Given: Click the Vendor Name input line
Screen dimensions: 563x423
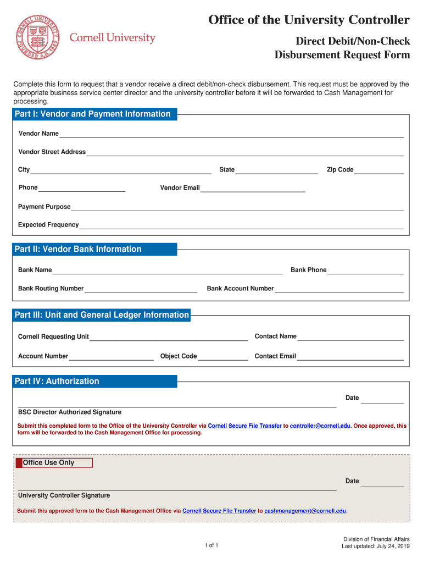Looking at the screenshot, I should click(231, 134).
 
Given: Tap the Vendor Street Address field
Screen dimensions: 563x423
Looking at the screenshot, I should click(245, 152).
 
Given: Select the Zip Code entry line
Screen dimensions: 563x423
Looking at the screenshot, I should click(379, 170).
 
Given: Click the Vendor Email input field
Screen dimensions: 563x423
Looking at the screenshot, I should click(253, 188).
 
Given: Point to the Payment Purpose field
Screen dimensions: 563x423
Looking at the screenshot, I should click(237, 207).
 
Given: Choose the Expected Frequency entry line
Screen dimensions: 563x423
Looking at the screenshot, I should click(242, 225).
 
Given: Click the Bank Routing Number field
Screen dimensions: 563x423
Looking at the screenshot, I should click(141, 289).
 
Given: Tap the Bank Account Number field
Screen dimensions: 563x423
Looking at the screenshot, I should click(339, 289).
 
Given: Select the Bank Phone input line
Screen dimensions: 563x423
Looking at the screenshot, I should click(365, 270).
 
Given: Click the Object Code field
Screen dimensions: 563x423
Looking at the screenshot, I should click(223, 356).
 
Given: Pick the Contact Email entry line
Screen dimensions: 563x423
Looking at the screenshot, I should click(350, 356).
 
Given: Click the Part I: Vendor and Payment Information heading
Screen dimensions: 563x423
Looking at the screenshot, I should click(93, 114).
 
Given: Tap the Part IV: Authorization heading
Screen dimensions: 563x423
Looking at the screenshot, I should click(57, 381).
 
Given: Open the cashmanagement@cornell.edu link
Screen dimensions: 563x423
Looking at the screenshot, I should click(305, 511).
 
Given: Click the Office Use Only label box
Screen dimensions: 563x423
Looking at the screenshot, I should click(54, 463).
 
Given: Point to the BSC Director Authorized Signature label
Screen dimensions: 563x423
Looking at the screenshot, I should click(70, 412).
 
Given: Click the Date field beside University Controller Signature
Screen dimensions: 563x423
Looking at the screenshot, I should click(382, 482).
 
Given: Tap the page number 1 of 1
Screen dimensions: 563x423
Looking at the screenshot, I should click(211, 545).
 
